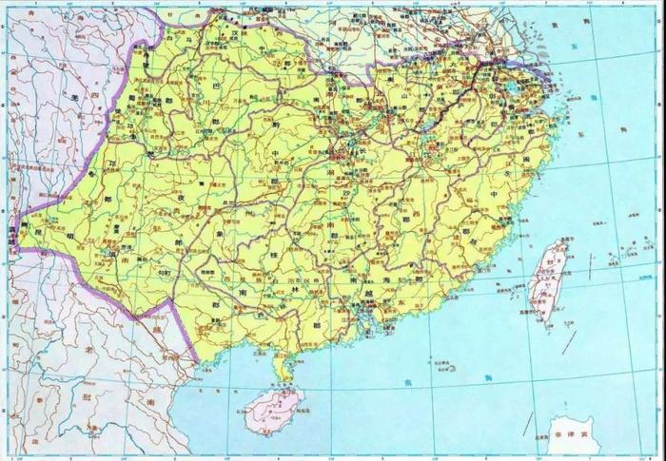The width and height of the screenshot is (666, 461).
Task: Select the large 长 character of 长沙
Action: [x=360, y=150]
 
